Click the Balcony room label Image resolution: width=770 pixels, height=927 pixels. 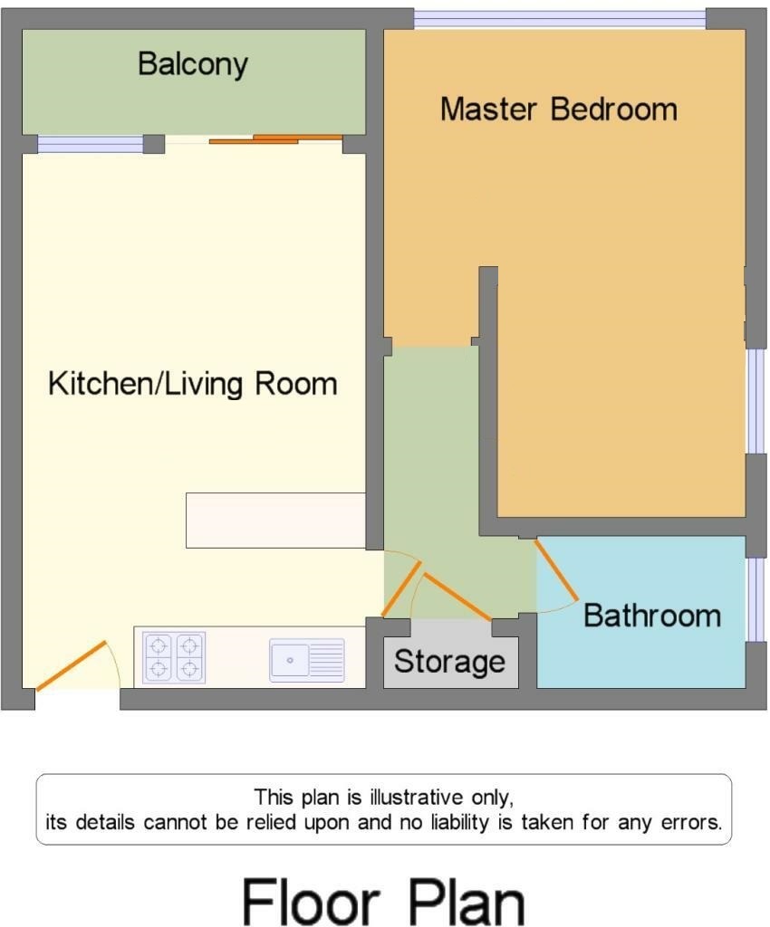click(x=193, y=64)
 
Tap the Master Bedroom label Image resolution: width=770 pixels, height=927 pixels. click(x=559, y=110)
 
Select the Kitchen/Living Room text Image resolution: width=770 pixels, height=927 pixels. click(x=193, y=384)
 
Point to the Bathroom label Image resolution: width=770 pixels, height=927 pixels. click(x=652, y=616)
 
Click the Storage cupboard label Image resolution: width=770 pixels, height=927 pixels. click(x=449, y=662)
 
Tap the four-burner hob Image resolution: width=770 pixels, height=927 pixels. click(x=175, y=657)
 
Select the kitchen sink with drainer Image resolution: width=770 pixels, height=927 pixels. click(x=307, y=660)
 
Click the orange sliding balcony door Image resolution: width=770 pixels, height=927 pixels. click(x=276, y=139)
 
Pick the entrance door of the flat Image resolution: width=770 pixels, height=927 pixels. click(x=72, y=665)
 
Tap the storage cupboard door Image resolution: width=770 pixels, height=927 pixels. click(x=457, y=597)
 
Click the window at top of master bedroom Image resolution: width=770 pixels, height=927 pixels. click(x=560, y=20)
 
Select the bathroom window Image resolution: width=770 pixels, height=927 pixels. click(x=756, y=599)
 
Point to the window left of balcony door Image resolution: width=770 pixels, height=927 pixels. click(x=91, y=144)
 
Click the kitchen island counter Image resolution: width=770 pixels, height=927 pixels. click(x=275, y=521)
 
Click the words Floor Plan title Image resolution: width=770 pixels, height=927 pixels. click(x=384, y=903)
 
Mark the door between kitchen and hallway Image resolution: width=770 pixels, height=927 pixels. click(x=401, y=588)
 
